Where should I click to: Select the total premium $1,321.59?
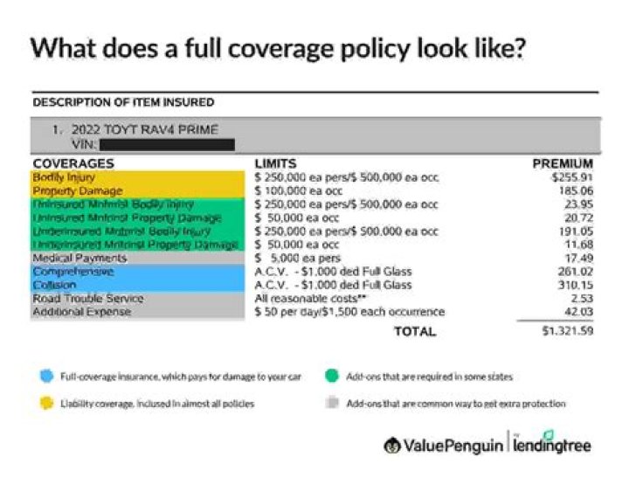568,332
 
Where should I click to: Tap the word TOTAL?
415,332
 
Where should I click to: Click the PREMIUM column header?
563,163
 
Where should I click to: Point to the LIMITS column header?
275,163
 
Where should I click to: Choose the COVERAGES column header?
73,163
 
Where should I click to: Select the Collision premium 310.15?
575,285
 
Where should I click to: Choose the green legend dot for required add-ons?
330,377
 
